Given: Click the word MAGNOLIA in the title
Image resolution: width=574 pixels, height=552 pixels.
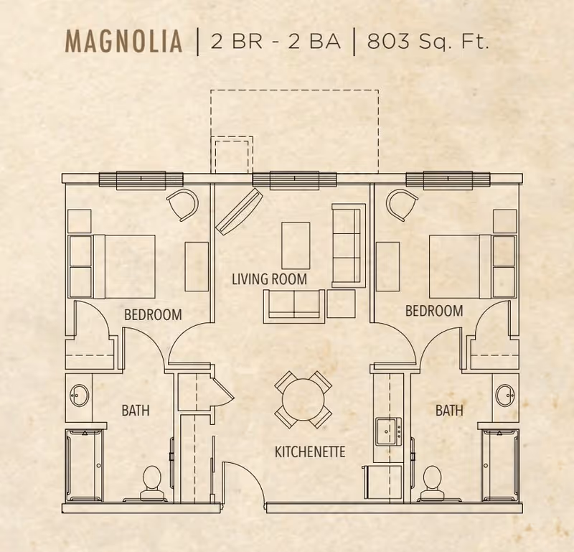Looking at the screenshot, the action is pos(123,42).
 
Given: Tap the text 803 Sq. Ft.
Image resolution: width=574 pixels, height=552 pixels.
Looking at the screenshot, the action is pos(428,42).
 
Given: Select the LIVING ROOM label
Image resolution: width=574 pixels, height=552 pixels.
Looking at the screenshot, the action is pos(270,279).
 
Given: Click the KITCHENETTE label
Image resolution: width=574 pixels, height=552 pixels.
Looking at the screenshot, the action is pos(310,452).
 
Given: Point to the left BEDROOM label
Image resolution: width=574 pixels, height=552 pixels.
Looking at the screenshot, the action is pos(153,314).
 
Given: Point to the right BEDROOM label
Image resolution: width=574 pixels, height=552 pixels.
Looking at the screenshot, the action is pos(434,311).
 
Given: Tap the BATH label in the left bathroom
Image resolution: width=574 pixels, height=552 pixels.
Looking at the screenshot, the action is pos(136,411).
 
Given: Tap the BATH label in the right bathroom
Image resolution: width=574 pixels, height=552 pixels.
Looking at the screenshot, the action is pos(449,411).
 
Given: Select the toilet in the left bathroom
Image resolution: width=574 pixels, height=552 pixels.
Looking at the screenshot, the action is pos(152,483).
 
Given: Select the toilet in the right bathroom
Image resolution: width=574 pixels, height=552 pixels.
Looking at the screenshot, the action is pos(433,483).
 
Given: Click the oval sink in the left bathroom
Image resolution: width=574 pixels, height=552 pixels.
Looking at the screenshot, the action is pos(79,396).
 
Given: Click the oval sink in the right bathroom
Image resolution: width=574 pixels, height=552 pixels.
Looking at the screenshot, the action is pos(505,396).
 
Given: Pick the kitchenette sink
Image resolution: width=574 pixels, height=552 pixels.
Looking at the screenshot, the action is pos(389,432).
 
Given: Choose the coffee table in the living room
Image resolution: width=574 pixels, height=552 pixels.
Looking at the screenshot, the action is pos(296,245).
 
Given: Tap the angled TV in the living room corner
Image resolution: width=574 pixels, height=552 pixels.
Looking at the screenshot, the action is pos(239,211).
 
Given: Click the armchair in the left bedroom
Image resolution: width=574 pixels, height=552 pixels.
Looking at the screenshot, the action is pos(183,205).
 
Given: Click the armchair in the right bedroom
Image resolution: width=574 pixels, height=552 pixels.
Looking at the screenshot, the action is pos(402,205).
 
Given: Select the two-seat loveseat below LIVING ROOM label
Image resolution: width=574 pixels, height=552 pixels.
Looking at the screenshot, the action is pos(294,307).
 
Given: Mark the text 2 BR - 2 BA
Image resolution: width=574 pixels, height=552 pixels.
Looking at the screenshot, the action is pos(276,42).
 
